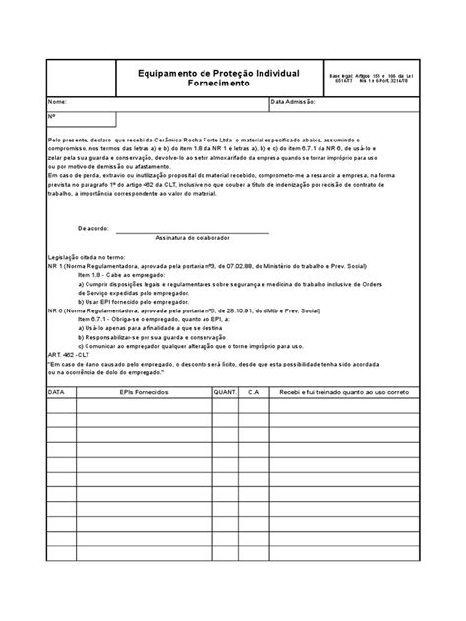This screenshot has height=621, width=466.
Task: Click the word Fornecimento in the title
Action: point(213,85)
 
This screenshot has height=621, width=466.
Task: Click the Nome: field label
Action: point(59,102)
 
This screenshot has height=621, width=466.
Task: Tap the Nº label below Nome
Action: point(53,117)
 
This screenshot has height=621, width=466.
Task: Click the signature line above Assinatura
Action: point(192,232)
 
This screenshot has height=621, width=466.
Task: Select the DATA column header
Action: point(57,391)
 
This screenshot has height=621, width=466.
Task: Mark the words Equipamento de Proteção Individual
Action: point(213,73)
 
